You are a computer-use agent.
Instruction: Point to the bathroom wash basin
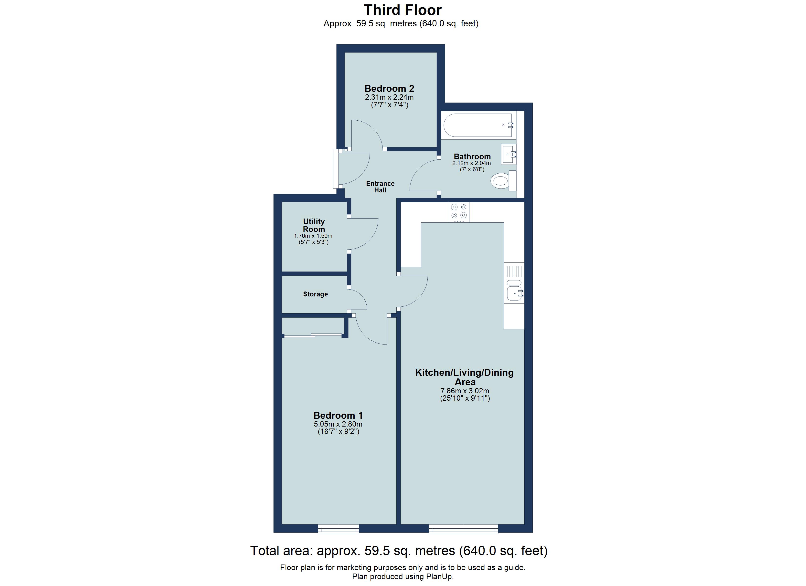click(x=509, y=154)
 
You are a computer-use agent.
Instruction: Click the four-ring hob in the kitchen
click(x=458, y=211)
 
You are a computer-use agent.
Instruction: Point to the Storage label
click(x=315, y=294)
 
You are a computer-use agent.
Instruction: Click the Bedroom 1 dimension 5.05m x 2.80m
click(x=338, y=424)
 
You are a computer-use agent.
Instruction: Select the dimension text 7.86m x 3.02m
click(x=465, y=391)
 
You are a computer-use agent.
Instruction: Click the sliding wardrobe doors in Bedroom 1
click(x=313, y=335)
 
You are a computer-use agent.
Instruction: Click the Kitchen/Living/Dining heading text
click(x=464, y=373)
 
